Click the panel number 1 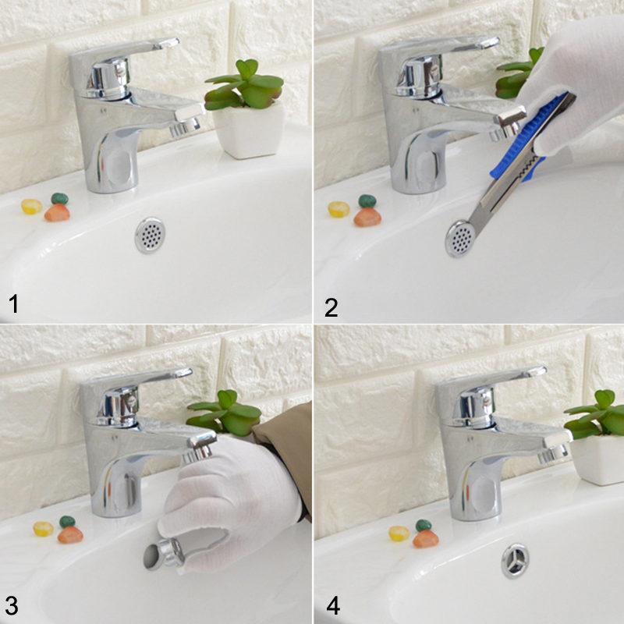[x=13, y=303]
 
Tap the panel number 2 [x=331, y=307]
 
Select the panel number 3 [x=12, y=606]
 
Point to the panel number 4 [x=333, y=606]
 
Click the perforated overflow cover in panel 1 [x=150, y=236]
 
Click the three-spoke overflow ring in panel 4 [x=516, y=561]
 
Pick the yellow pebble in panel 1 [x=31, y=207]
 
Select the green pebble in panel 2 [x=367, y=201]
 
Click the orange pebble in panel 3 [x=70, y=535]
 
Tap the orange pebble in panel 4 [x=425, y=539]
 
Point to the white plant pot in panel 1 [x=250, y=130]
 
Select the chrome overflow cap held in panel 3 [x=164, y=555]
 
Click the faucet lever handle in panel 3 [x=144, y=378]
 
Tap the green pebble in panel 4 [x=424, y=525]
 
